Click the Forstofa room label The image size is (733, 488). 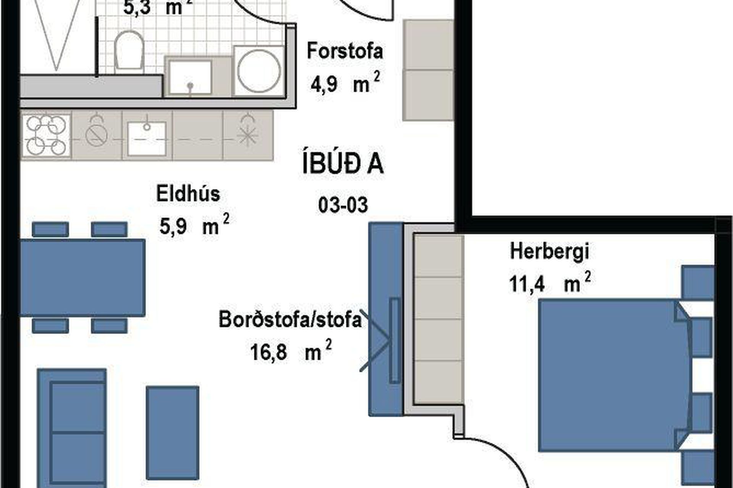click(x=345, y=51)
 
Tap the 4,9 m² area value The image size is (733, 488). click(x=345, y=83)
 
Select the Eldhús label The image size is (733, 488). click(x=188, y=194)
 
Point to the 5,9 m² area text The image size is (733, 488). click(x=194, y=225)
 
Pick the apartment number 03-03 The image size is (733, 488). click(x=343, y=205)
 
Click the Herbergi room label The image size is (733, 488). click(x=549, y=252)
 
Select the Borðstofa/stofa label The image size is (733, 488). click(x=290, y=319)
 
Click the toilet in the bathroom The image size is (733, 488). click(x=129, y=50)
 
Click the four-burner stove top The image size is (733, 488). click(x=46, y=135)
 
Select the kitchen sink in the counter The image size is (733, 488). click(x=147, y=138)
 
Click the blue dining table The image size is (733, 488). click(x=82, y=278)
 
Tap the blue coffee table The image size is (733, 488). click(x=173, y=432)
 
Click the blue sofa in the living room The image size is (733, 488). click(x=72, y=427)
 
